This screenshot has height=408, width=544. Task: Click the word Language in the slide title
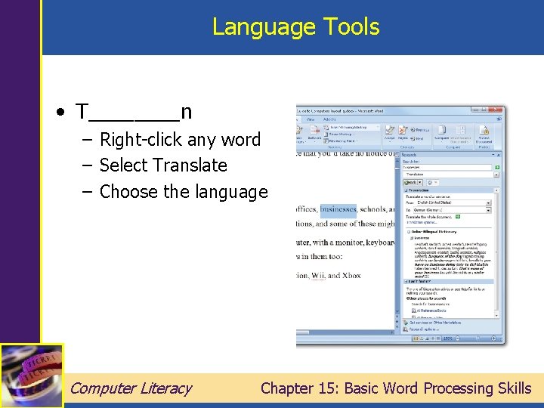(x=254, y=27)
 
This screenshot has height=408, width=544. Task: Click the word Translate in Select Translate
(x=190, y=165)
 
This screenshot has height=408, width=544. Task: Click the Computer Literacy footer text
(x=130, y=388)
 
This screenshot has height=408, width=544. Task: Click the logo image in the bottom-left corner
(x=31, y=376)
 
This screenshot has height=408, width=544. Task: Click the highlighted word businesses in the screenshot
(x=337, y=209)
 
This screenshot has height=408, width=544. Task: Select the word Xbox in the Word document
(x=351, y=275)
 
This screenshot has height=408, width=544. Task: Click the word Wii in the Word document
(x=318, y=275)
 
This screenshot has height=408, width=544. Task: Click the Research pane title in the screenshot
(x=413, y=154)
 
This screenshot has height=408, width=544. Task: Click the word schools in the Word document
(x=374, y=209)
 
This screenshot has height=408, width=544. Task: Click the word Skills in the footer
(x=515, y=388)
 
